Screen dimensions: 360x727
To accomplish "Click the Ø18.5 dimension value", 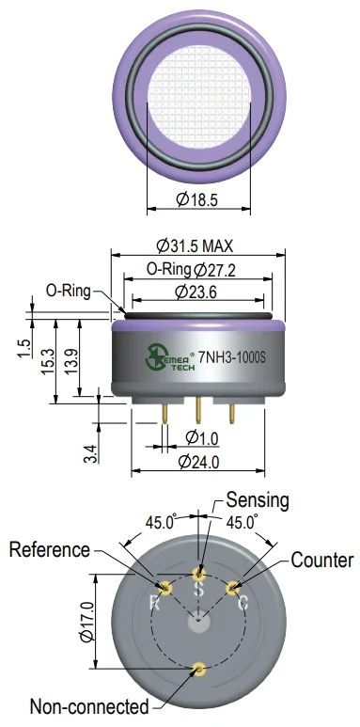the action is (196, 199).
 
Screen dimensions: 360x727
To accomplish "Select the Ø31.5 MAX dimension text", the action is (195, 245).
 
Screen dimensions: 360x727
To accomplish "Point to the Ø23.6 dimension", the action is (196, 292).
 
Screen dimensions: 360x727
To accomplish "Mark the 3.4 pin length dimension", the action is (91, 453).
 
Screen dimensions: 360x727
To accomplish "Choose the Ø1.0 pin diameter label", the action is (201, 437).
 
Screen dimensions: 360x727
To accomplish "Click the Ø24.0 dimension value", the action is (198, 462).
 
